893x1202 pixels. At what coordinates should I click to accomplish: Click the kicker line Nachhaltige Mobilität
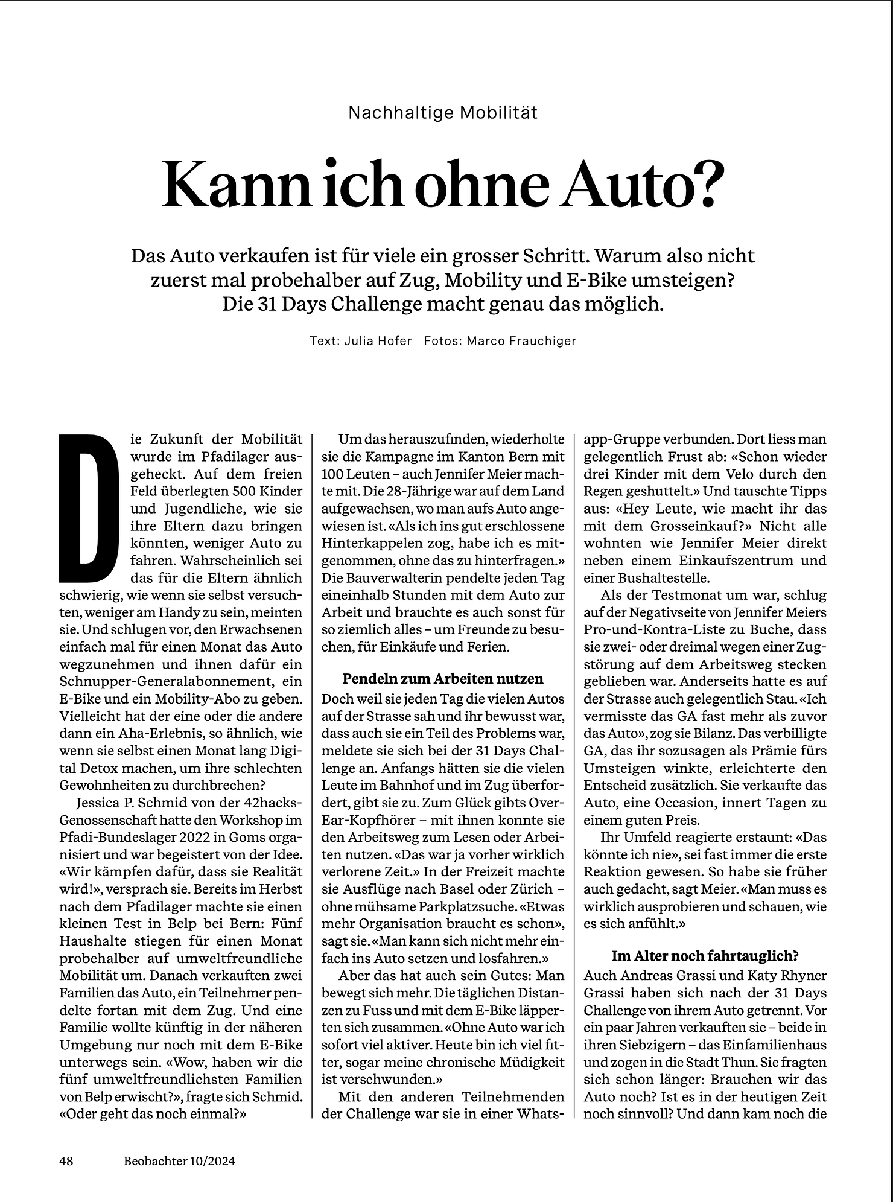[443, 113]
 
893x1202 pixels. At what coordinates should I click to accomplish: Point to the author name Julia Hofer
[378, 341]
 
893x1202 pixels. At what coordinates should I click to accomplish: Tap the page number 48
[66, 1160]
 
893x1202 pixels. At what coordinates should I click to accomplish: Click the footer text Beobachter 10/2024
[179, 1160]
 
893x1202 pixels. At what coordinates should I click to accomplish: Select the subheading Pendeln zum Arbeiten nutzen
[443, 679]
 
